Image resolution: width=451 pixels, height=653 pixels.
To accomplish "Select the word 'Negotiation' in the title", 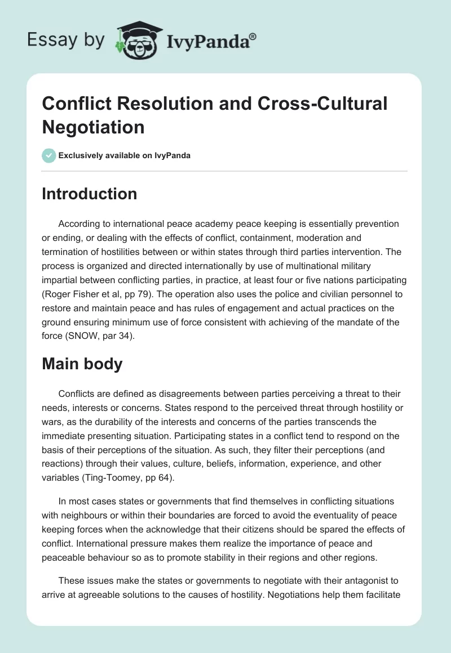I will [93, 127].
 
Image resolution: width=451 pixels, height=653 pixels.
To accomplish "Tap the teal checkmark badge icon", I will [49, 155].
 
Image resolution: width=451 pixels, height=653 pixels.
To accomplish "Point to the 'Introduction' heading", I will [90, 194].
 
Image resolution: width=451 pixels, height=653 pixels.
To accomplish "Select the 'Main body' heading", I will [82, 364].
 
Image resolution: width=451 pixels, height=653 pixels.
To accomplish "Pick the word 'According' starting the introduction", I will [79, 223].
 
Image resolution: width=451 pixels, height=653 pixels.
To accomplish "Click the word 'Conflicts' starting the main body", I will [77, 393].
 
